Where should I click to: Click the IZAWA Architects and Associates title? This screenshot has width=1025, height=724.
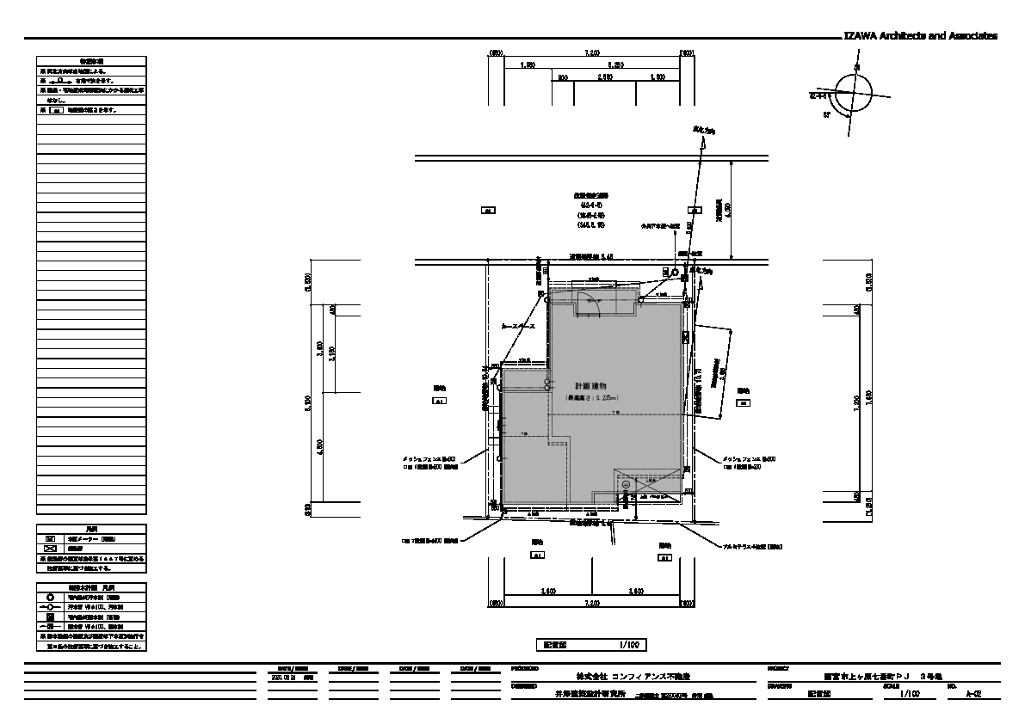920,36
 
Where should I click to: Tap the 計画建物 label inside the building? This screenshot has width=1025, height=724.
591,387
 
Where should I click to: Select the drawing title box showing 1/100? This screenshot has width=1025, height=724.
590,644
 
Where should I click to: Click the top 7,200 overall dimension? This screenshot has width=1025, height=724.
591,53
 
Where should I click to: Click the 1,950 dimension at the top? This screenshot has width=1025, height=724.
528,65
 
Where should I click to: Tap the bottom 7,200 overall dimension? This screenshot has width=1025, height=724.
591,604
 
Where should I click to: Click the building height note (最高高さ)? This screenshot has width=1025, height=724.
591,399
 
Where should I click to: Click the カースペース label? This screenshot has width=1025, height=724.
519,328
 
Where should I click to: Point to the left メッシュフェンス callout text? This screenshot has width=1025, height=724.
428,459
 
